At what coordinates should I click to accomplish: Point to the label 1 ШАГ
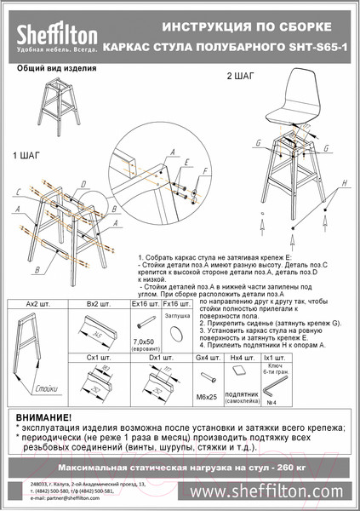tap(26, 158)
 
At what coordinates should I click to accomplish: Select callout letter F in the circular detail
tap(204, 171)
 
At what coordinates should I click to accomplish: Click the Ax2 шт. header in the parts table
tap(38, 302)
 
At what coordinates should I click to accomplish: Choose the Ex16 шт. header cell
tap(141, 302)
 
